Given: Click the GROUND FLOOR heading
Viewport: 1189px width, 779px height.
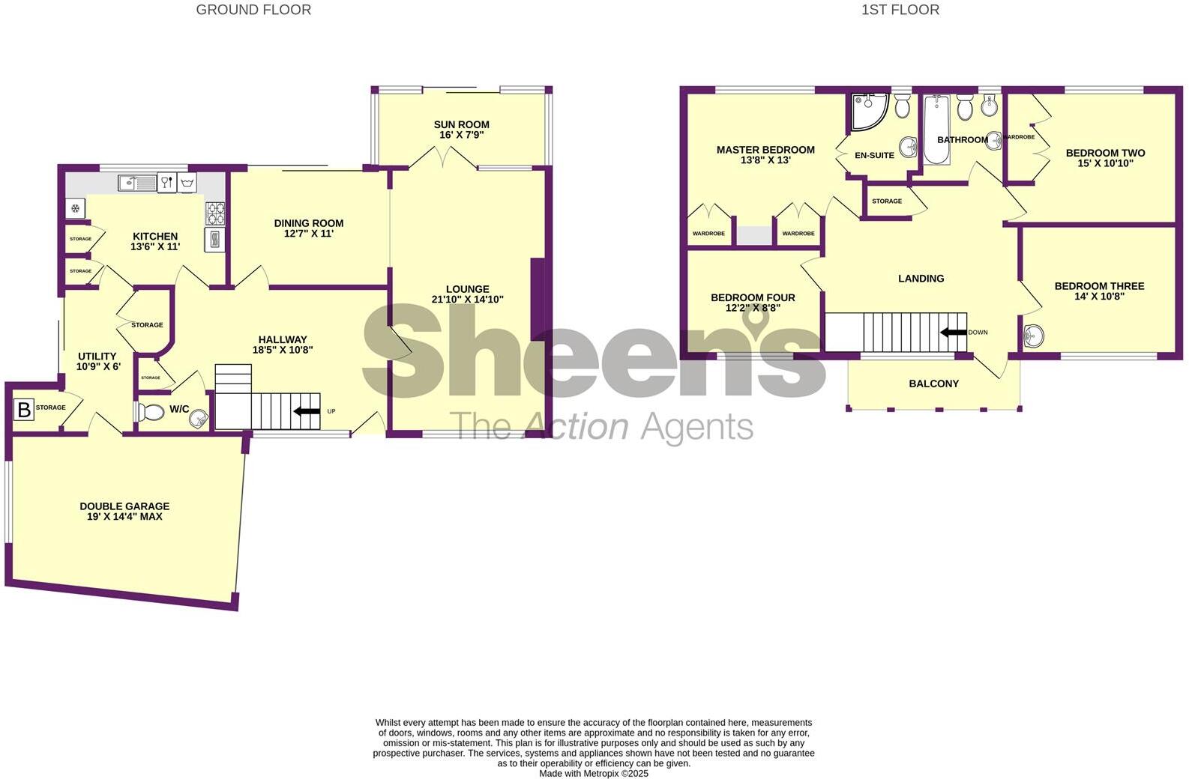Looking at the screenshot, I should coord(253,10).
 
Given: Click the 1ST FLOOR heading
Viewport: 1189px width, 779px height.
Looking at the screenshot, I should coord(900,10).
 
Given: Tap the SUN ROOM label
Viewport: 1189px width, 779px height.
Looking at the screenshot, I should coord(461,124).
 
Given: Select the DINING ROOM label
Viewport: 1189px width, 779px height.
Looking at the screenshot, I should coord(308,223).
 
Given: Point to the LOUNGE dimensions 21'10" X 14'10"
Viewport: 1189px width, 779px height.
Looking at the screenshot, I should coord(467,300).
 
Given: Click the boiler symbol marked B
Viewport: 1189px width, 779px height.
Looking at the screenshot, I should coord(24,409).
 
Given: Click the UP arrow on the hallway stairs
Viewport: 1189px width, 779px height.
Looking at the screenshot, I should coord(307,411).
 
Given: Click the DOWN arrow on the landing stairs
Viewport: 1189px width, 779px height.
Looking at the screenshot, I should coord(953,333).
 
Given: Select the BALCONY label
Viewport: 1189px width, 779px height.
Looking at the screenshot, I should coord(933,384).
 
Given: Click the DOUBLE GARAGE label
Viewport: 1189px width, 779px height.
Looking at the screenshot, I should coord(124,506).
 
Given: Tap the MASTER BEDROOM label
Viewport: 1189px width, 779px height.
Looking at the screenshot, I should coord(765,150).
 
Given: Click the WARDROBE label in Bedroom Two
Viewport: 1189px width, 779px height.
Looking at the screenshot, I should coord(1019,137).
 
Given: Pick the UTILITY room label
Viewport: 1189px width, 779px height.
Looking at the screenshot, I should coord(97,357).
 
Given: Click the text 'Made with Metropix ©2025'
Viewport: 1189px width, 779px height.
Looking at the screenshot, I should coord(593,774).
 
